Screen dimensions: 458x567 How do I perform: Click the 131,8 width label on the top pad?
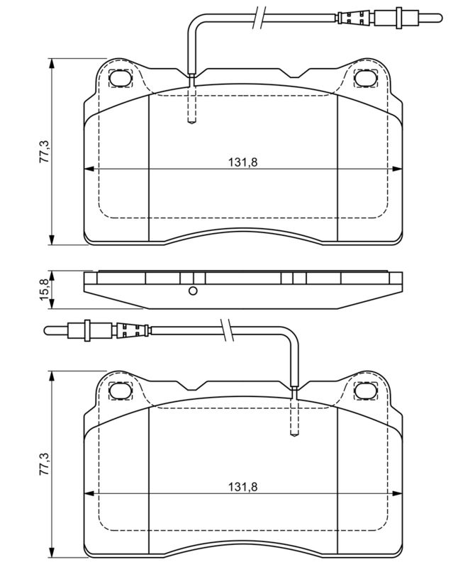[242, 162]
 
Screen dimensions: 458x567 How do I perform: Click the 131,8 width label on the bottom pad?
[242, 487]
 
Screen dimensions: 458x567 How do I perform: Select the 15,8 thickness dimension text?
[44, 289]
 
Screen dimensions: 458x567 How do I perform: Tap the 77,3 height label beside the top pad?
[44, 151]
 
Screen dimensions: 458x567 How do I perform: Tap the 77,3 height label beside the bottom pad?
[44, 464]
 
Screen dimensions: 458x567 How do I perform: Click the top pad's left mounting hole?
[119, 78]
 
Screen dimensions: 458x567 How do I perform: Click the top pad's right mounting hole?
[364, 78]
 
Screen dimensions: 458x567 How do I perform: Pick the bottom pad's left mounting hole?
[119, 391]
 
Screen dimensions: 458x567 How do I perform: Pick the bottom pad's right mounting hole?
[364, 391]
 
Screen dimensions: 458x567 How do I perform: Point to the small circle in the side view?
[193, 291]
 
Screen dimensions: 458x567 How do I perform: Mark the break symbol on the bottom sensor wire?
[226, 330]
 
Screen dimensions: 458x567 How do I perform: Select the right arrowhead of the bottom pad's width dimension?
[397, 493]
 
